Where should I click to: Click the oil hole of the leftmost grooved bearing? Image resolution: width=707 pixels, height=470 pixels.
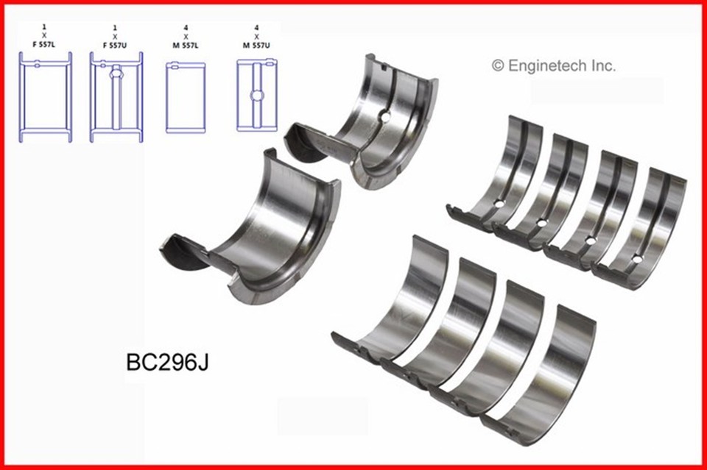[499, 204]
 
